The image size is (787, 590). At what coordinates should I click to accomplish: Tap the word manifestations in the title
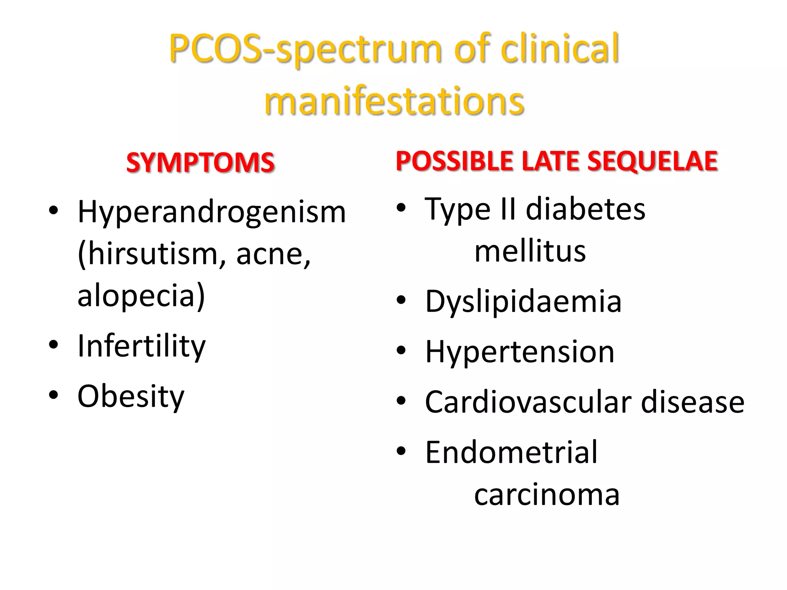point(394,101)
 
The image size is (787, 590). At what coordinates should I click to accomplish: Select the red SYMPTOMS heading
point(200,162)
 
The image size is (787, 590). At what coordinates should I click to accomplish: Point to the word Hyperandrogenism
point(212,212)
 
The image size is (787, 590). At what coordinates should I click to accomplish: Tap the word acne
point(272,254)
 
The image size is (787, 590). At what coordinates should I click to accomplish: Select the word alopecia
point(136,296)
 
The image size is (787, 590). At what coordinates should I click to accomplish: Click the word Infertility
point(141,346)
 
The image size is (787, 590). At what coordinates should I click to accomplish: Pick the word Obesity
point(131,396)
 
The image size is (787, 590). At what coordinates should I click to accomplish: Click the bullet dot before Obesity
point(53,394)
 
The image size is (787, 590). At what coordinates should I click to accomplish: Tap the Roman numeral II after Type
point(508,209)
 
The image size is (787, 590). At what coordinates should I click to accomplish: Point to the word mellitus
point(530,252)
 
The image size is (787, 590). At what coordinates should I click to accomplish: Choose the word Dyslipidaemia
point(523,302)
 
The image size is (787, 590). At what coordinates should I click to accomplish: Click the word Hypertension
point(520,352)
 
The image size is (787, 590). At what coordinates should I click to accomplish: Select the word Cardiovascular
point(528,402)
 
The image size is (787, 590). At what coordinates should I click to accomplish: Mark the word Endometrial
point(511,452)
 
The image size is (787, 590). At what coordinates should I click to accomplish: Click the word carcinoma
point(546,495)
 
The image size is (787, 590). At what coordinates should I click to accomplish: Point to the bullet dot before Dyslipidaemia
point(401,300)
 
